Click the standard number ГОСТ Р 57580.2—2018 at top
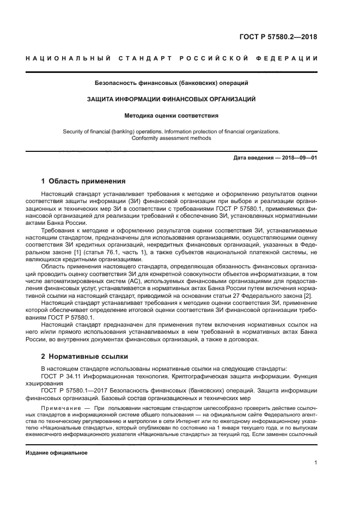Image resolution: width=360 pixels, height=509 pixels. (x=278, y=37)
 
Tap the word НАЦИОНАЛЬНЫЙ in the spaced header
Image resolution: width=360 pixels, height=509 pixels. (x=68, y=59)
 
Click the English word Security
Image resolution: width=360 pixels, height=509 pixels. (x=74, y=131)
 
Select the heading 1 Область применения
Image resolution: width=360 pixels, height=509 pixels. (x=83, y=181)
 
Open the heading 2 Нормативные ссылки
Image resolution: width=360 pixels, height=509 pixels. (x=84, y=357)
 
